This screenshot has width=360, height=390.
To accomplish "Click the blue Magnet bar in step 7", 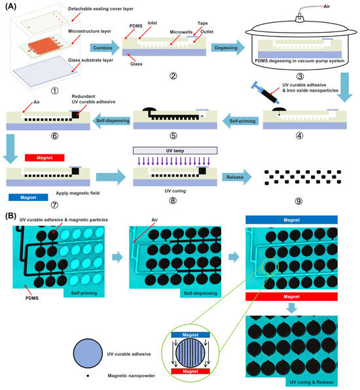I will click(x=27, y=196).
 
